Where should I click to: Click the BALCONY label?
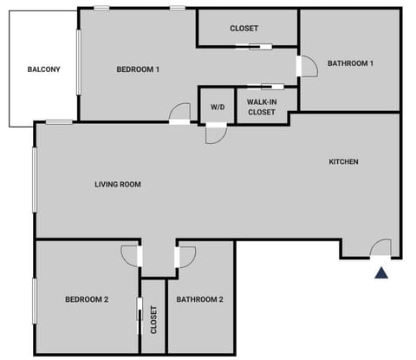tap(43, 69)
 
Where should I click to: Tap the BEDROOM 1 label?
tap(138, 69)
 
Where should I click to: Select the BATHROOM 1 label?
tap(350, 62)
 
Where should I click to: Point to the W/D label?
tap(217, 107)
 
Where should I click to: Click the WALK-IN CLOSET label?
tap(262, 107)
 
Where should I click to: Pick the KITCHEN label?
tap(343, 161)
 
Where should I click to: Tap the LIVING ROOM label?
tap(118, 184)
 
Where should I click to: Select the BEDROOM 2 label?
tap(87, 299)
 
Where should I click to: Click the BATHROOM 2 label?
tap(200, 299)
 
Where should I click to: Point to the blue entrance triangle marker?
tap(380, 273)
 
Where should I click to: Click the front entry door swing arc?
tap(380, 247)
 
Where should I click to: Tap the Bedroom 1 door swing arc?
tap(180, 112)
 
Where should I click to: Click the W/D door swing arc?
tap(216, 134)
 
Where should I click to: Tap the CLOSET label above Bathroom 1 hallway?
tap(244, 28)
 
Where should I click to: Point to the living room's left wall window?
tap(36, 180)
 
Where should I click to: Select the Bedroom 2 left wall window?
tap(36, 299)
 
